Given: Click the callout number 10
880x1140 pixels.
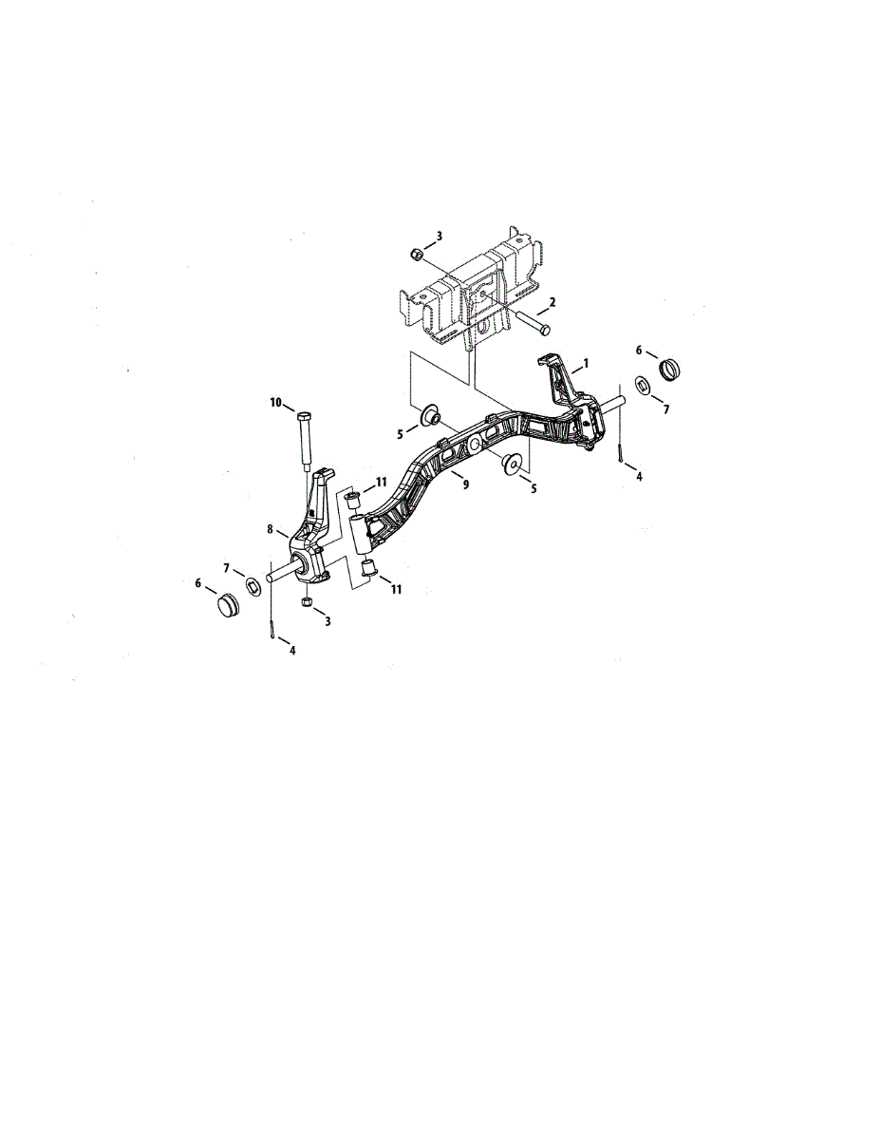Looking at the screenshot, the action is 275,403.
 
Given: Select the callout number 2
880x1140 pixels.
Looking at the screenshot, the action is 552,302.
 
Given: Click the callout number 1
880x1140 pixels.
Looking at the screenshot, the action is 586,363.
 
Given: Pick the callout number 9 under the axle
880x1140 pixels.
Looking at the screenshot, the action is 466,484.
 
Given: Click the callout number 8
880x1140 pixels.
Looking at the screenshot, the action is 270,529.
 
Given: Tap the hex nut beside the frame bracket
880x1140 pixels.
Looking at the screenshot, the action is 416,254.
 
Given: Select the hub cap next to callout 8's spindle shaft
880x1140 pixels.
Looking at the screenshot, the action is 228,604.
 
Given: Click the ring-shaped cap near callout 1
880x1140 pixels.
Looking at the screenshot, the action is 669,370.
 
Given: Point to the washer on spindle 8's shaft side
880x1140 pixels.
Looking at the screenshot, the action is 253,585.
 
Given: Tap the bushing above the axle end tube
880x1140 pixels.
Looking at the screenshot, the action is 353,501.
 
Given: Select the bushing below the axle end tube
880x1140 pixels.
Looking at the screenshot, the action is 368,568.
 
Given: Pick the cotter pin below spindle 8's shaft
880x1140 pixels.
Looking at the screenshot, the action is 273,630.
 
